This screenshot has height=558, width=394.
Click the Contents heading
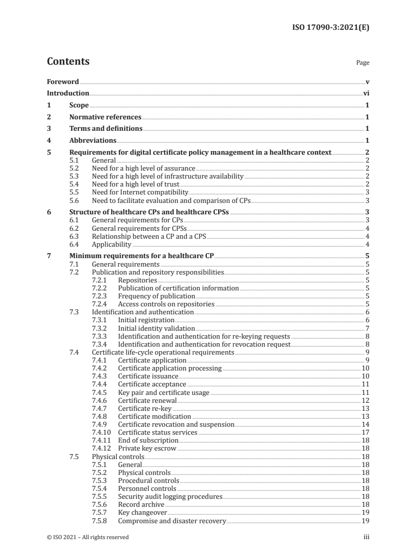pos(68,62)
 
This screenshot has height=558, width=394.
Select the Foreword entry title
pos(63,81)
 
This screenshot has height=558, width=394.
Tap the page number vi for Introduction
pos(366,93)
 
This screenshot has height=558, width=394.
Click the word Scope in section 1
pos(79,105)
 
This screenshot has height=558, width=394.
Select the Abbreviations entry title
pos(93,141)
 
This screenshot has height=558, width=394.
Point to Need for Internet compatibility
pos(140,192)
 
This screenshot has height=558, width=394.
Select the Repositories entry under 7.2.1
pos(138,280)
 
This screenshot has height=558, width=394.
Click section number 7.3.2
pos(100,328)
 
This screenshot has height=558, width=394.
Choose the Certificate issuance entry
pos(148,376)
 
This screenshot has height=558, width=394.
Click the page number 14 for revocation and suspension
pos(365,424)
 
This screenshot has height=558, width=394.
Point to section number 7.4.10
pos(101,432)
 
